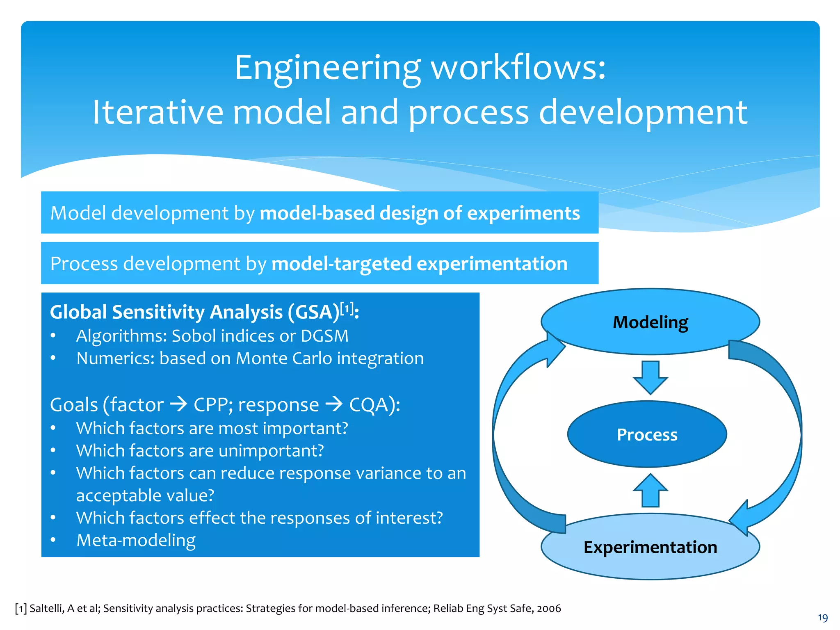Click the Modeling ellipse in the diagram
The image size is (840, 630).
(650, 322)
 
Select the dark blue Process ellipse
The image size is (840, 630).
(647, 434)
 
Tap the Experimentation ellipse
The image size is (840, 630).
(650, 547)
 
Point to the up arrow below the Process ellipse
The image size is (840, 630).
(650, 490)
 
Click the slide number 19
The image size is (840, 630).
(822, 618)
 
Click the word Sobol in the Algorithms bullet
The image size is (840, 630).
(194, 336)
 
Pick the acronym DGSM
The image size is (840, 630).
(324, 336)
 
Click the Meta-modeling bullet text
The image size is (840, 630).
(136, 540)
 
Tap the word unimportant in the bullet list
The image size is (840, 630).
(271, 451)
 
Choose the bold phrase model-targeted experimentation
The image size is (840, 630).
(419, 263)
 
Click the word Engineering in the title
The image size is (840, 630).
(327, 68)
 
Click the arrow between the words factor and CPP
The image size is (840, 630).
(178, 405)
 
